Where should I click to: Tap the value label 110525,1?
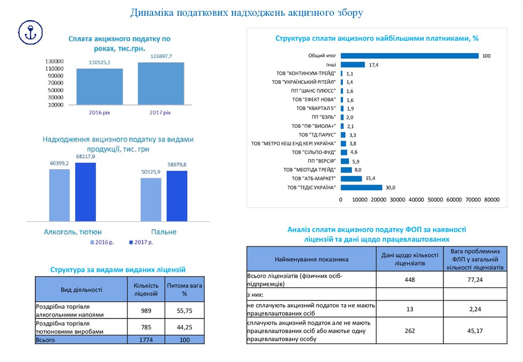coord(100,62)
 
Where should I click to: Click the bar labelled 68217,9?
coord(85,192)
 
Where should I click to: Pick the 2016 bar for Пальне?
coord(151,199)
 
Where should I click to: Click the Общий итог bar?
coord(409,56)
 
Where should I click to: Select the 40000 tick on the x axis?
coord(416,200)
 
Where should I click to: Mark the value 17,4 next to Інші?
coord(373,65)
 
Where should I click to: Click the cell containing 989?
coord(146,310)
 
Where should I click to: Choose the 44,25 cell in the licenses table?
coord(184,327)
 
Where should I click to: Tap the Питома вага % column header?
coord(184,290)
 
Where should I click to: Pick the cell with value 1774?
coord(146,340)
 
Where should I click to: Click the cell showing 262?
coord(410,331)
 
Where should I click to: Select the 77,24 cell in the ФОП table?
coord(475,280)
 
